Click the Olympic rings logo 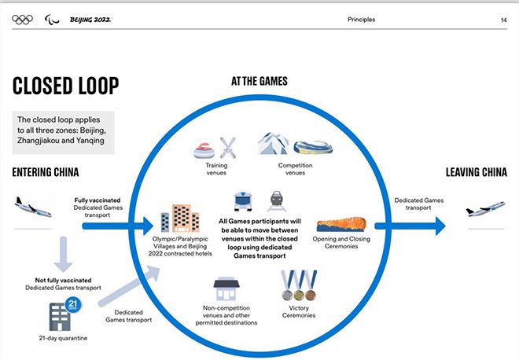23,19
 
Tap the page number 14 502,20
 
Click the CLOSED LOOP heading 65,85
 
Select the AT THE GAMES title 259,81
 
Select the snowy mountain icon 273,144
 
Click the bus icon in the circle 242,200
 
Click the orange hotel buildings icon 180,219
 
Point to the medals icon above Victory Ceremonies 298,286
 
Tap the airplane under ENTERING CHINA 33,208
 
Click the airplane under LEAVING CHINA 484,210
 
